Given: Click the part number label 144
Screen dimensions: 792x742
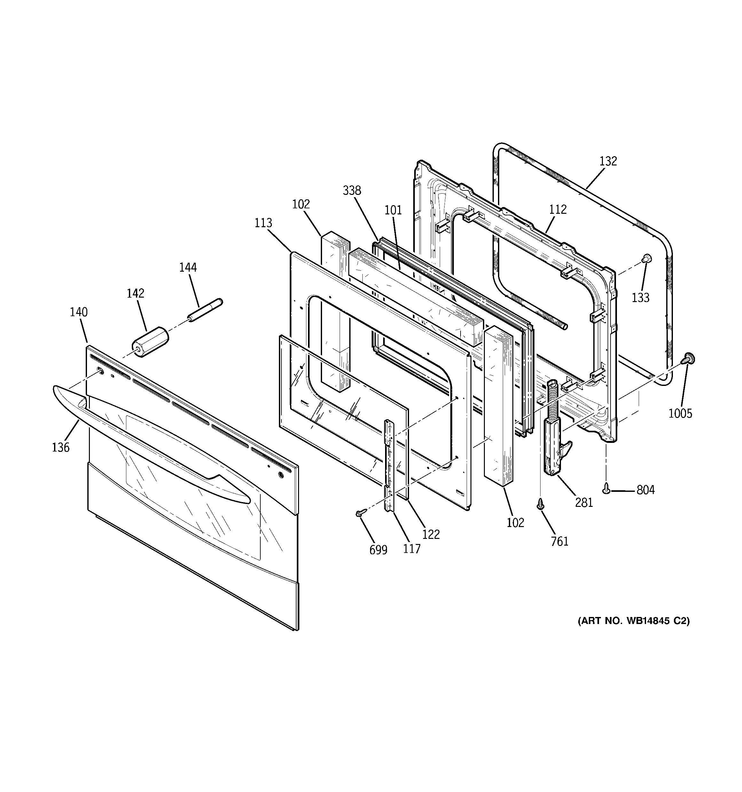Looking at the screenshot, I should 188,267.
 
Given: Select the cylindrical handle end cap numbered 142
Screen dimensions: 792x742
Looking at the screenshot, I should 150,342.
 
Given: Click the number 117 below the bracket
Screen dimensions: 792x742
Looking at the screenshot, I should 411,549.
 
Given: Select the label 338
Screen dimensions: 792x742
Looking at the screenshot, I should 352,191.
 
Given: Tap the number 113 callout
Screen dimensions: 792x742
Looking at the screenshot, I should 263,223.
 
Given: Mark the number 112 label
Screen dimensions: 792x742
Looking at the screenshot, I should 557,209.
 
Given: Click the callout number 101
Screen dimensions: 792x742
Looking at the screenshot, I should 393,210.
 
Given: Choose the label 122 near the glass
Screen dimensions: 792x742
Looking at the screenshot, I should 431,534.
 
